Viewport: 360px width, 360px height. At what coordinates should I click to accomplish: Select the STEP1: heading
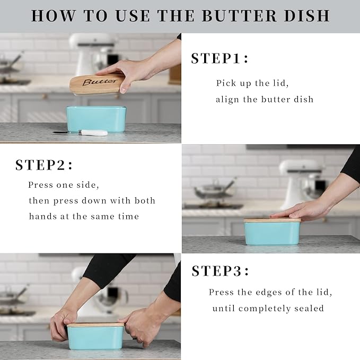pyautogui.click(x=219, y=58)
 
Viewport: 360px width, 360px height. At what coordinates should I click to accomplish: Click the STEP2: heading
pyautogui.click(x=44, y=165)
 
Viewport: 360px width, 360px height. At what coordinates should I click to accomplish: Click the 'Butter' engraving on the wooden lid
pyautogui.click(x=100, y=82)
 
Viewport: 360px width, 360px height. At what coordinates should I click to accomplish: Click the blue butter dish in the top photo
pyautogui.click(x=95, y=119)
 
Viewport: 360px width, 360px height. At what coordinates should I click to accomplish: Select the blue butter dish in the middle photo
pyautogui.click(x=272, y=233)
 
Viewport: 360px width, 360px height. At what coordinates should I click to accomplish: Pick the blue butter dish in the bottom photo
pyautogui.click(x=95, y=337)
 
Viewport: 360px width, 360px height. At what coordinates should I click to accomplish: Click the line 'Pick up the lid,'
pyautogui.click(x=252, y=83)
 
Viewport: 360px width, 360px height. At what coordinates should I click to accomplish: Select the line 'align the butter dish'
pyautogui.click(x=264, y=99)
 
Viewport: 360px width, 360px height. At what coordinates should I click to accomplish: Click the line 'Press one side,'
pyautogui.click(x=64, y=185)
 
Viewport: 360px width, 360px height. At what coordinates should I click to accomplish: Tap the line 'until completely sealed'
pyautogui.click(x=268, y=308)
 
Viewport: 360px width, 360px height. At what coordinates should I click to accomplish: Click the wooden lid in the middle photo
pyautogui.click(x=272, y=219)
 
